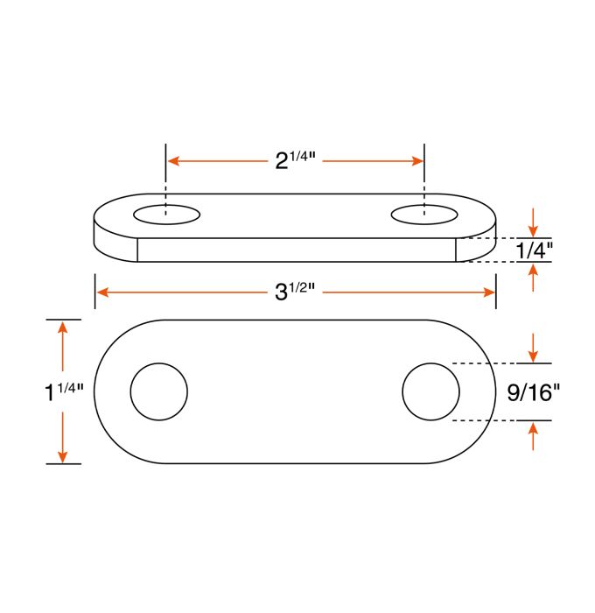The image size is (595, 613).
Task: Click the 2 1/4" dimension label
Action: [x=295, y=160]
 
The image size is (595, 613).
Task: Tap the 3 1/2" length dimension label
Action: [x=295, y=292]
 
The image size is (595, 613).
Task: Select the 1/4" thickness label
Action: [x=534, y=250]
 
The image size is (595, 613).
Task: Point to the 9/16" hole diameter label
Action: [x=533, y=392]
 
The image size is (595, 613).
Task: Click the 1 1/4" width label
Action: [x=63, y=391]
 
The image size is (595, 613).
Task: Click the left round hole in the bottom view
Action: [x=159, y=391]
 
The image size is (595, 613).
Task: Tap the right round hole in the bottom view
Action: [x=430, y=391]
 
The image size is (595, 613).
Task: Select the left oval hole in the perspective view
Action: [x=166, y=215]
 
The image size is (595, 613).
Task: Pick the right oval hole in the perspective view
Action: [x=424, y=214]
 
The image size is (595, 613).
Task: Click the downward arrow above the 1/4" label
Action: [x=534, y=221]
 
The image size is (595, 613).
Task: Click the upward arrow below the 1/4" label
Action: [x=534, y=278]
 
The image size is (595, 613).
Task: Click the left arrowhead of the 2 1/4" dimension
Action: [x=174, y=161]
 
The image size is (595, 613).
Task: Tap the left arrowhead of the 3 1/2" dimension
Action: [x=102, y=292]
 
